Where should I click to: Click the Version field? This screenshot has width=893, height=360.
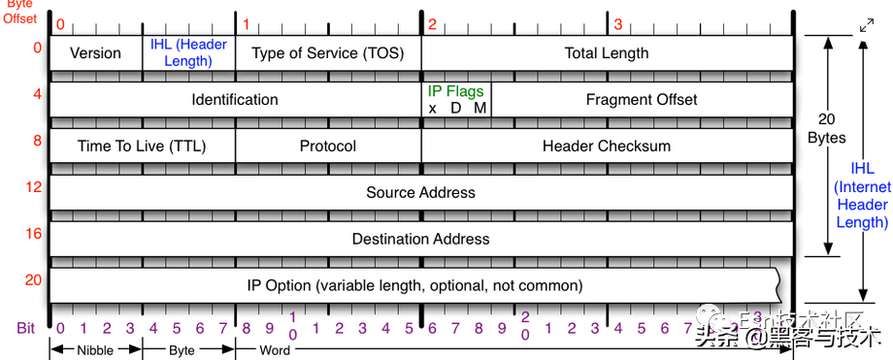coord(95,53)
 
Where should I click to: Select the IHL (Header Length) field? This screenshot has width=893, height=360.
coord(188,53)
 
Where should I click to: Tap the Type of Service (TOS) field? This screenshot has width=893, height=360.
coord(328,53)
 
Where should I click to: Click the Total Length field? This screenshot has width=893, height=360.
coord(607,53)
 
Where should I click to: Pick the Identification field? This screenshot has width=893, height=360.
coord(235,100)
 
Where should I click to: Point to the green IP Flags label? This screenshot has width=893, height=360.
coord(455,90)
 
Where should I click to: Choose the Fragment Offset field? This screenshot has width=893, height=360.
coord(642,100)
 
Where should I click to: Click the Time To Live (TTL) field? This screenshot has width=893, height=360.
coord(142,147)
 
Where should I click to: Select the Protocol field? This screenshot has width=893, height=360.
coord(328,147)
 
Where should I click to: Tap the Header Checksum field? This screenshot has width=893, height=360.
coord(607,147)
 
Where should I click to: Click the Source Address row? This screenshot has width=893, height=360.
coord(420,192)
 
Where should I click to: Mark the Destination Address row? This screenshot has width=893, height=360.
coord(420,239)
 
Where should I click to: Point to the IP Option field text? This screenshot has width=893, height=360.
coord(414,285)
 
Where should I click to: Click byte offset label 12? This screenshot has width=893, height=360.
coord(34,186)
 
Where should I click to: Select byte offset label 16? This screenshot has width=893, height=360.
coord(34,233)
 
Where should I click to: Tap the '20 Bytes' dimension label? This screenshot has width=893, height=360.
coord(827,129)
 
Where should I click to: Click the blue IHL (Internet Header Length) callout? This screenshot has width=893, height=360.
coord(862,195)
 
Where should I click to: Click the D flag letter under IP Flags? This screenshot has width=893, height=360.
coord(456,108)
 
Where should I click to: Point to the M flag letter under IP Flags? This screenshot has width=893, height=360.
coord(480,108)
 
